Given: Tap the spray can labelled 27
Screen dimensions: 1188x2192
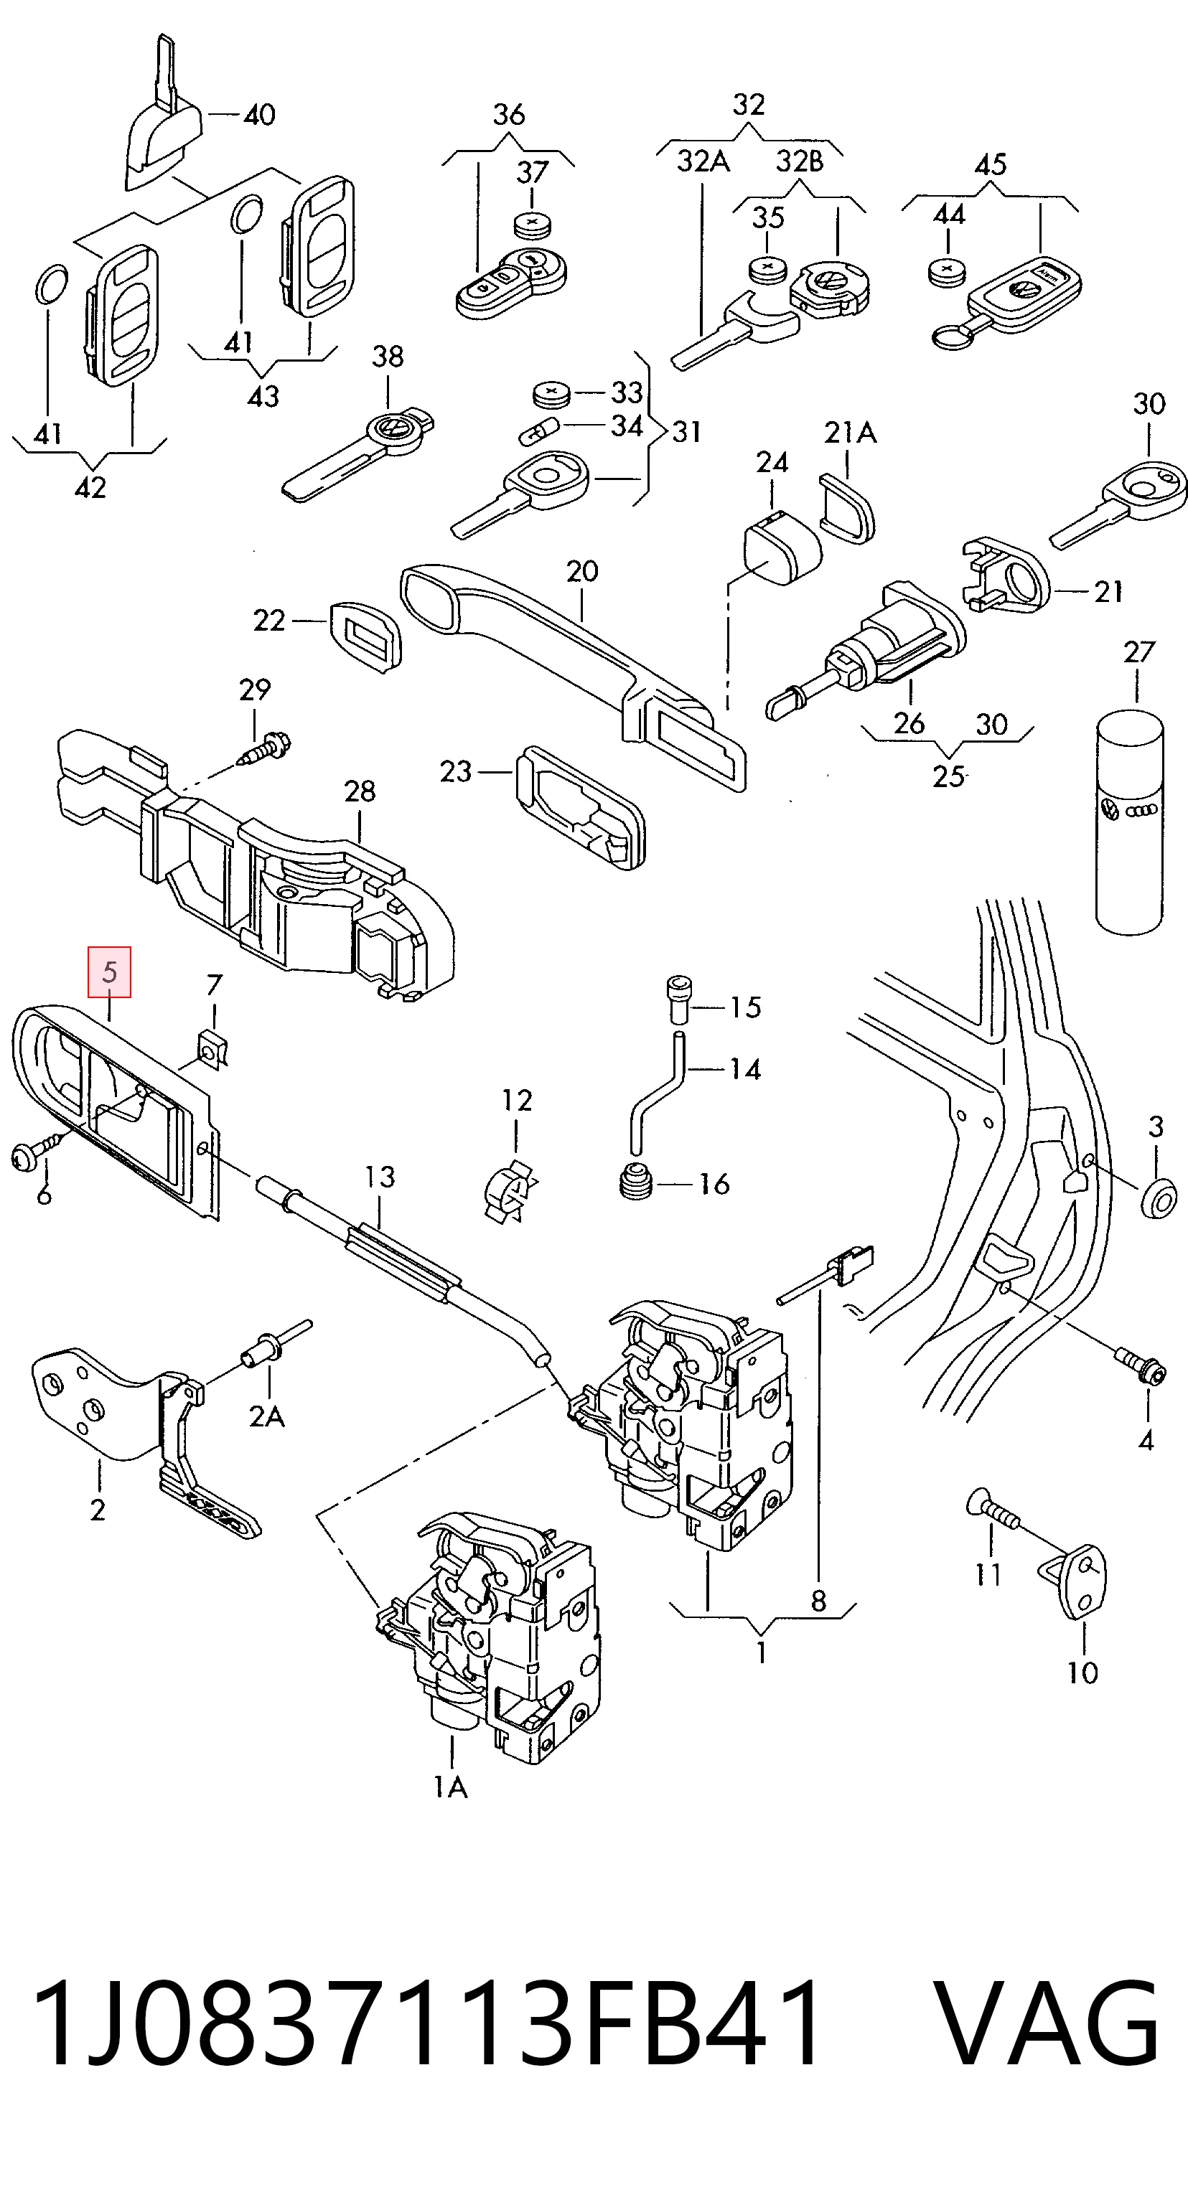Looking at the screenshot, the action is (1128, 823).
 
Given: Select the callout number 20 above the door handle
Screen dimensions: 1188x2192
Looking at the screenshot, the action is (582, 571).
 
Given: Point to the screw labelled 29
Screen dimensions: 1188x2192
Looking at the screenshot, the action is (266, 749).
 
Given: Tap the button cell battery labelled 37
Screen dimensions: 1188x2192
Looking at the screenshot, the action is (533, 225).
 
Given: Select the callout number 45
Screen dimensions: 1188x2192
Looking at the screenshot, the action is (991, 164).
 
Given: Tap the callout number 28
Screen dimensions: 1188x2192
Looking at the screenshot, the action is (359, 791).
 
